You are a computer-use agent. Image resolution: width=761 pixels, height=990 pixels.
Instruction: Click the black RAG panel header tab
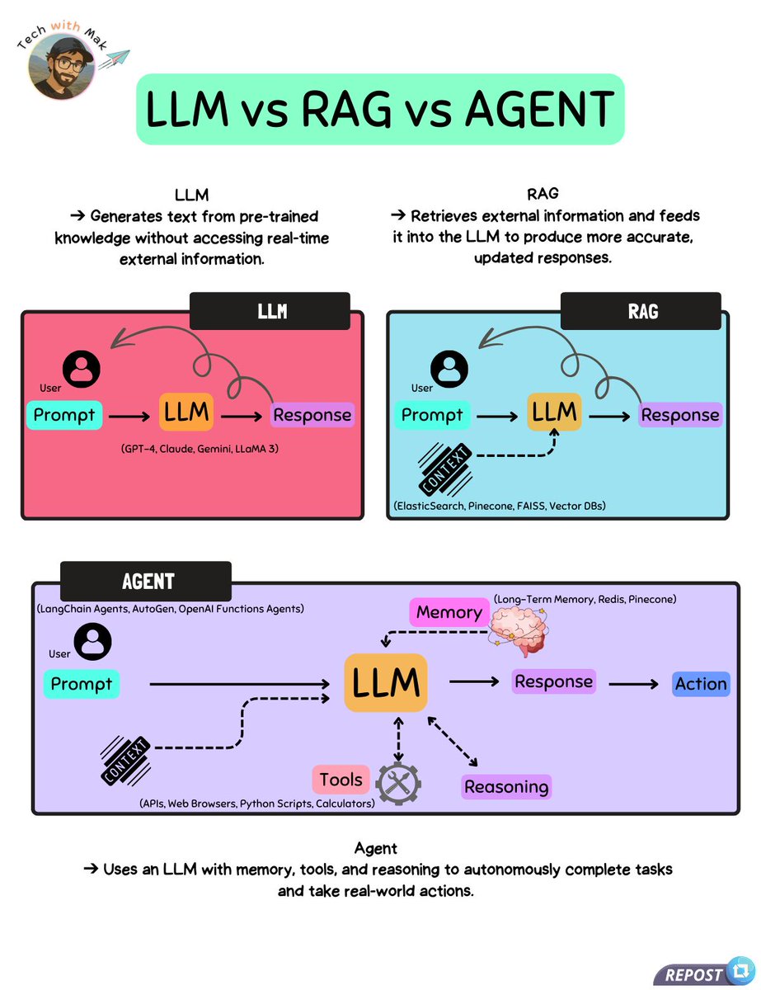point(641,312)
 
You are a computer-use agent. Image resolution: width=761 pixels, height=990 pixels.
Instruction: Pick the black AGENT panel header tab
point(146,581)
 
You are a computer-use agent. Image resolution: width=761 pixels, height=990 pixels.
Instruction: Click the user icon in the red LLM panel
point(81,369)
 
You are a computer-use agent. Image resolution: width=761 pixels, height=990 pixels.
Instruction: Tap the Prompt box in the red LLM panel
point(64,414)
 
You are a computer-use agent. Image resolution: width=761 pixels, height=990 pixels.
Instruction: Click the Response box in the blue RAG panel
point(681,414)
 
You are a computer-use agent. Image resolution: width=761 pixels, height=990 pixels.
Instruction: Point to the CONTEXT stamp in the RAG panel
point(446,469)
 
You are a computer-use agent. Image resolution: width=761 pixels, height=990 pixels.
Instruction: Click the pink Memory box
point(449,612)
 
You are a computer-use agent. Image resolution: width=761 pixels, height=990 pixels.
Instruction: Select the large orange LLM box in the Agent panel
point(386,682)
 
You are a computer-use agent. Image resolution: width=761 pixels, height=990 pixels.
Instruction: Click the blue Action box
point(701,683)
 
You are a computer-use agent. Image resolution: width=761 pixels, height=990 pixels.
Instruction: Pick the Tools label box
point(341,780)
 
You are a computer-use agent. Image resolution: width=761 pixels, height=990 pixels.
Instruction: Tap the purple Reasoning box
point(506,786)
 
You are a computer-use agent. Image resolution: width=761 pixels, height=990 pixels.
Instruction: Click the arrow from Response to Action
point(632,683)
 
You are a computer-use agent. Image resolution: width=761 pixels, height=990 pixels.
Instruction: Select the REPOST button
point(702,973)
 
